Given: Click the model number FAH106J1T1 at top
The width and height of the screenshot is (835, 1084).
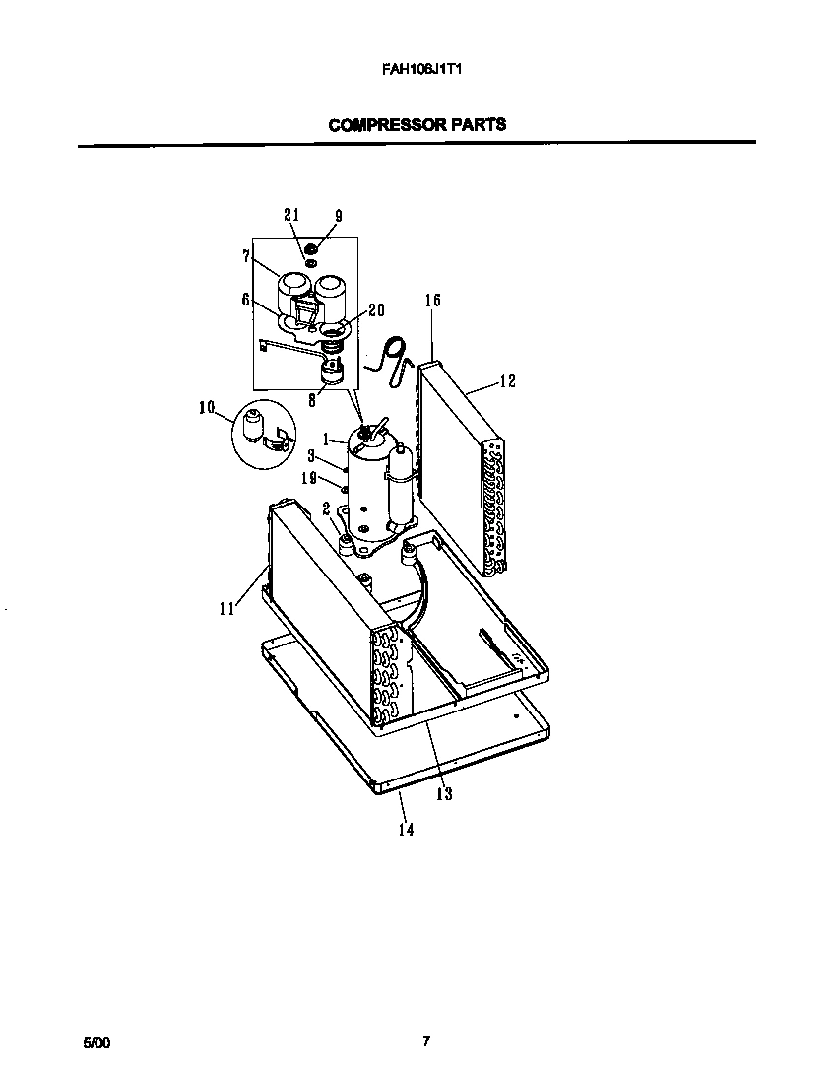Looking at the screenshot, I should pyautogui.click(x=417, y=70).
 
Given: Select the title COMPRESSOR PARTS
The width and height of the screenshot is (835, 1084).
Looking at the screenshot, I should pyautogui.click(x=417, y=125).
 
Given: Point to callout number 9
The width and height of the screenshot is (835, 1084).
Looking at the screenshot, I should pyautogui.click(x=338, y=215).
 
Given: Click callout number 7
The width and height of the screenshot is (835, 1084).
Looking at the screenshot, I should pyautogui.click(x=245, y=256).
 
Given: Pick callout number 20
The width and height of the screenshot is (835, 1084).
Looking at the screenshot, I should pyautogui.click(x=375, y=309).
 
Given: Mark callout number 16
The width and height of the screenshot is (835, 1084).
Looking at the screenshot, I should pyautogui.click(x=432, y=300).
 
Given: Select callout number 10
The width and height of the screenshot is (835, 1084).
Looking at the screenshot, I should pyautogui.click(x=206, y=407).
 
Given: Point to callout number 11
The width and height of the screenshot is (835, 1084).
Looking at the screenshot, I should pyautogui.click(x=226, y=609).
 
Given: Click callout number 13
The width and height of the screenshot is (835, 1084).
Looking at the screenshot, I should pyautogui.click(x=444, y=794).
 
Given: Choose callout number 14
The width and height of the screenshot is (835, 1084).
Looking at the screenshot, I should pyautogui.click(x=406, y=829).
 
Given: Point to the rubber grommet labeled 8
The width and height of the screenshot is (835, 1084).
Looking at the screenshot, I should pyautogui.click(x=332, y=373).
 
